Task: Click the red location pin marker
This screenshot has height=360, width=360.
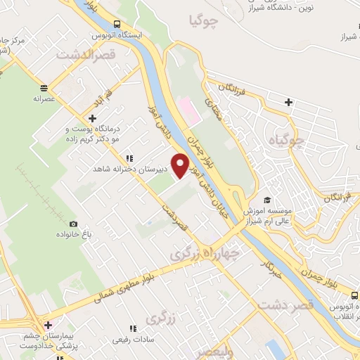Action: [x=181, y=165]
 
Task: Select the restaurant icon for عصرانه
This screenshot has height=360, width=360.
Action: [x=44, y=88]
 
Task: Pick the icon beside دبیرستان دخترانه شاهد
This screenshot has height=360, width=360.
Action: [x=128, y=159]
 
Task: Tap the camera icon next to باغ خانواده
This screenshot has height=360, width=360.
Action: [x=74, y=224]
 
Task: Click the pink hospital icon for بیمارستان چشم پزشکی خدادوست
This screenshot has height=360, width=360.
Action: [x=48, y=325]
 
